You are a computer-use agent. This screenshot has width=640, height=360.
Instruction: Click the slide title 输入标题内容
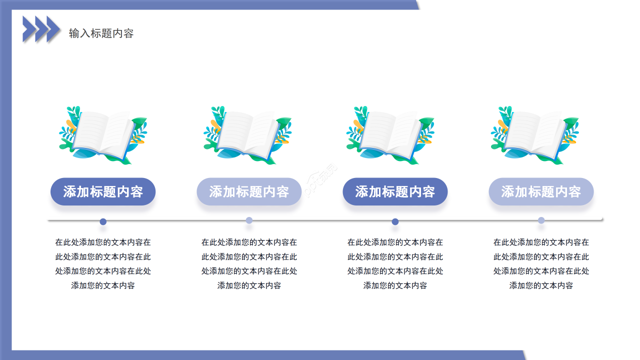[101, 33]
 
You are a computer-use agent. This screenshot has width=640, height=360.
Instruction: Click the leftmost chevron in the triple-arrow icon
[29, 29]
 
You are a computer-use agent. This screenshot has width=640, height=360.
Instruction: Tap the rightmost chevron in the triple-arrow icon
[53, 29]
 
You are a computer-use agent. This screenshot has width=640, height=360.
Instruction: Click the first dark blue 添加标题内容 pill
[103, 191]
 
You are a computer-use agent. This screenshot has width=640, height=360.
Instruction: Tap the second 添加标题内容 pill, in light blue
[249, 191]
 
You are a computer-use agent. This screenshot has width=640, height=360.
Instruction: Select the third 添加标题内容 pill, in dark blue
[395, 191]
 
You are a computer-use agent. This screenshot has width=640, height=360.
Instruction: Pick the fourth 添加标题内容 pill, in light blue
[541, 191]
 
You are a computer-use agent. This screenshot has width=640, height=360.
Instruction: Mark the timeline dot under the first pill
[103, 221]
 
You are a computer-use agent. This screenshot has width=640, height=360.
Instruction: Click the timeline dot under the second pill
[249, 220]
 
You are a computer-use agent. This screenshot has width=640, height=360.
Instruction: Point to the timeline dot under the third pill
[395, 221]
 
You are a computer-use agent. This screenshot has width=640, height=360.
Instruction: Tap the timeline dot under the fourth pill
[541, 220]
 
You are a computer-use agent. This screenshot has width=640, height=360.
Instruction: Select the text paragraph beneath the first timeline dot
[103, 264]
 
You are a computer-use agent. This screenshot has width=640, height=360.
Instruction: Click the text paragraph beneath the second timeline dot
[249, 264]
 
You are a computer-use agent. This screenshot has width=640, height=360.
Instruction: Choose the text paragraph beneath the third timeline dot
[395, 264]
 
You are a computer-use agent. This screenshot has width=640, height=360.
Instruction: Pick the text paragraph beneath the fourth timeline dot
[541, 264]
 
